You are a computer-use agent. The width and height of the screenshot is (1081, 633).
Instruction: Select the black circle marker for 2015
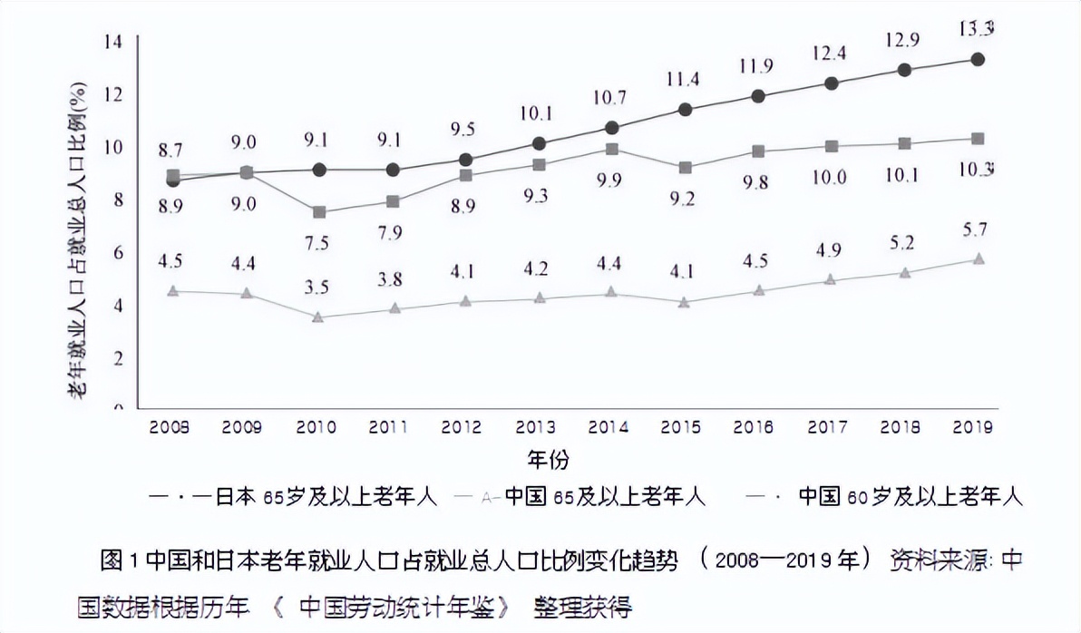coord(686,111)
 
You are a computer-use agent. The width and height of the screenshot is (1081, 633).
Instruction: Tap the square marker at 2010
coord(318,212)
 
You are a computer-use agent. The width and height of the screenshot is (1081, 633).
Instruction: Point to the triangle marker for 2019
coord(978,259)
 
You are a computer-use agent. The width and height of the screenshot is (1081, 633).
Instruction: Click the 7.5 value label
coord(318,244)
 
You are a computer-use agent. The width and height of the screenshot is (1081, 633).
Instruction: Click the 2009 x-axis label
coord(243,426)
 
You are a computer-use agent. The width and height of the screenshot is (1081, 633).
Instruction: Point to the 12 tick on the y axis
coord(113,94)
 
